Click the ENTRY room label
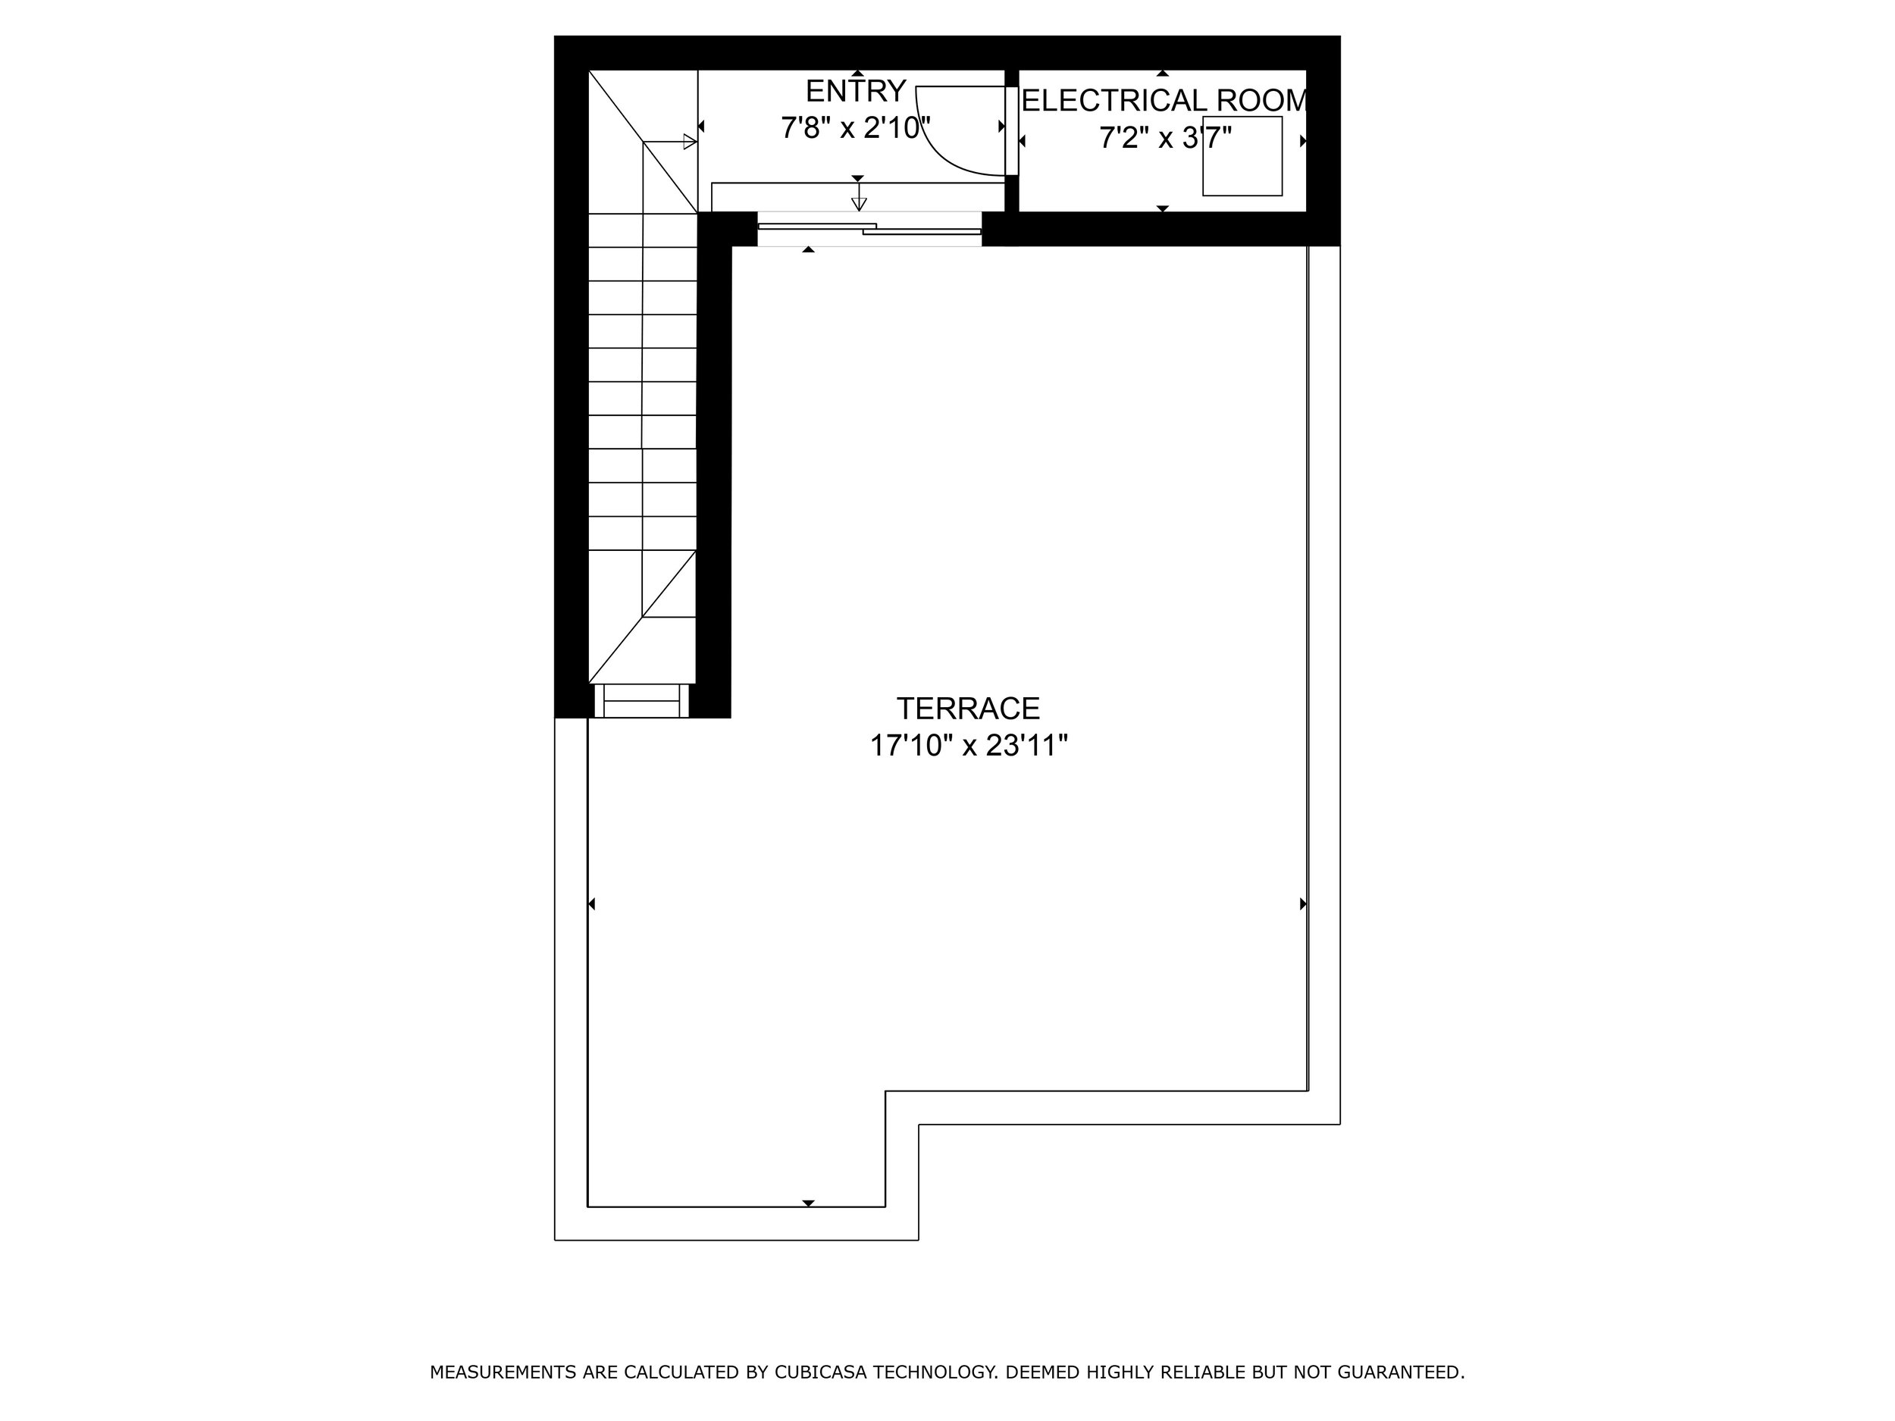pos(855,91)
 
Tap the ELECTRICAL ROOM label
pos(1164,101)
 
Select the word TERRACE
pos(968,709)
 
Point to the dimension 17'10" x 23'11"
pos(968,746)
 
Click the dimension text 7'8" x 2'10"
pos(855,129)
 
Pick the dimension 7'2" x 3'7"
pos(1165,137)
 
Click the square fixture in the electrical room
pos(1242,156)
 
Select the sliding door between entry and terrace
pos(869,229)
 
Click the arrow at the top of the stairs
pos(689,142)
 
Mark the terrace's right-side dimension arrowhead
pos(1303,903)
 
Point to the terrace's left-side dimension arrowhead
pos(591,903)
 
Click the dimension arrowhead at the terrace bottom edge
pos(808,1203)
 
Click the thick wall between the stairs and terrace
pos(713,471)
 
